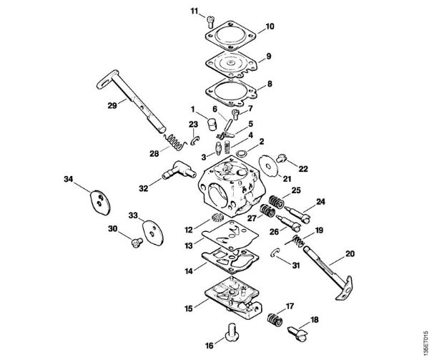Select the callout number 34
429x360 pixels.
click(x=69, y=178)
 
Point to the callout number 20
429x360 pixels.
click(x=350, y=253)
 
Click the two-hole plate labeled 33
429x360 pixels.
click(x=151, y=231)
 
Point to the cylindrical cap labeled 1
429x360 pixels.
click(x=211, y=123)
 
